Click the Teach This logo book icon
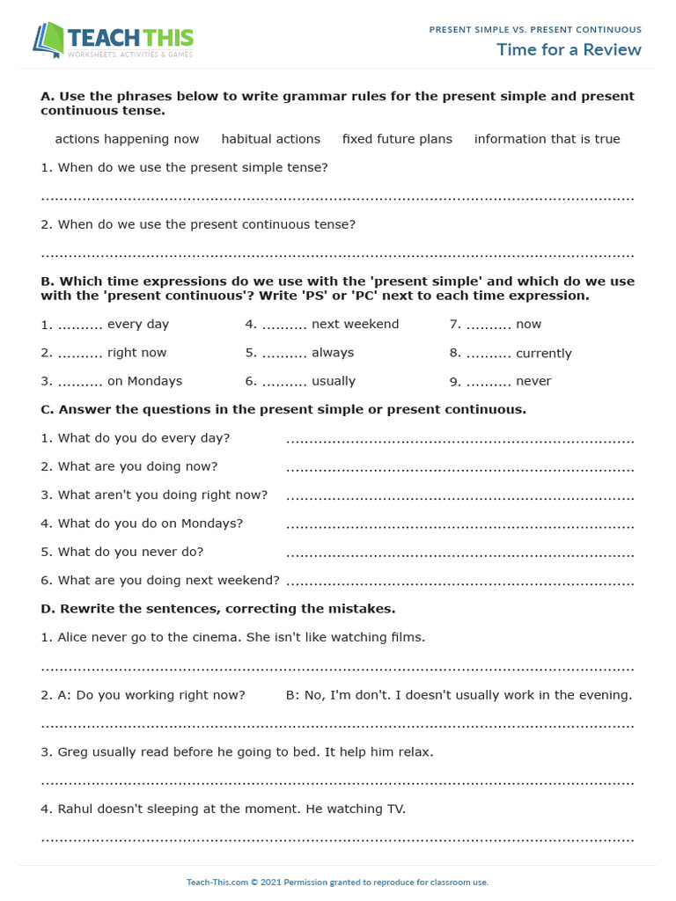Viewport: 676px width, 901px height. click(x=48, y=40)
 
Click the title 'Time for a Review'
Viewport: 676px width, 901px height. click(x=569, y=49)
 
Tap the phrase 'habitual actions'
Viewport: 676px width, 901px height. click(x=271, y=139)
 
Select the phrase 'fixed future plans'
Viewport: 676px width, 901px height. click(x=397, y=139)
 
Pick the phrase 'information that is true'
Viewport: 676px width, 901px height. click(x=547, y=139)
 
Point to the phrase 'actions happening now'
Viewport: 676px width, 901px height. click(x=127, y=139)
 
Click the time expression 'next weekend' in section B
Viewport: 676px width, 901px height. click(x=355, y=325)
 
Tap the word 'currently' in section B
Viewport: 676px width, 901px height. click(x=544, y=354)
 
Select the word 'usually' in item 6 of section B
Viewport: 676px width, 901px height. click(x=334, y=382)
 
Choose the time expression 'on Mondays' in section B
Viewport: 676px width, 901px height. click(x=144, y=382)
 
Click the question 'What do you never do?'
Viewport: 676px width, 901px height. click(x=122, y=552)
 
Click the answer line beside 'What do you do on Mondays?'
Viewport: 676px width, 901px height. click(x=459, y=526)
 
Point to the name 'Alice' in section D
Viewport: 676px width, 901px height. click(x=75, y=637)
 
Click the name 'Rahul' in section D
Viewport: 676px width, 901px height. click(x=77, y=809)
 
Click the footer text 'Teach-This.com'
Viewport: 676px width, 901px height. click(x=215, y=882)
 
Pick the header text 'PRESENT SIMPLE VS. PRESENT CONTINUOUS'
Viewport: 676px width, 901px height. click(x=535, y=30)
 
